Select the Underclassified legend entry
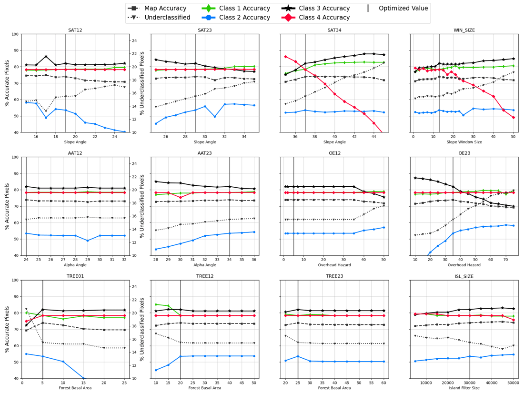[159, 18]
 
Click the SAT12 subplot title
[75, 30]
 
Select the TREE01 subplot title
[75, 276]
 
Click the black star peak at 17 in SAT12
[46, 57]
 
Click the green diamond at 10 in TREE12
[156, 304]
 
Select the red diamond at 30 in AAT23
[180, 197]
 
